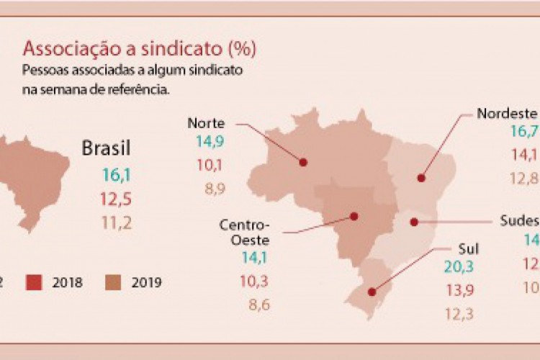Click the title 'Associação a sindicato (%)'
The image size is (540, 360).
tap(140, 49)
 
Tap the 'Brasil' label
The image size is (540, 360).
tap(106, 149)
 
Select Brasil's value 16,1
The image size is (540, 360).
tap(116, 174)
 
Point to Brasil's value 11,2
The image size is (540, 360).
tap(116, 222)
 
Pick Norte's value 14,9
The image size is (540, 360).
tap(207, 140)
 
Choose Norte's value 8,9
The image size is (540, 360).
tap(207, 189)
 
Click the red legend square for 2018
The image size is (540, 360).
tap(35, 282)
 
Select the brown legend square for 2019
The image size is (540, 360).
tap(114, 282)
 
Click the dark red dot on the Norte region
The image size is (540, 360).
tap(303, 162)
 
